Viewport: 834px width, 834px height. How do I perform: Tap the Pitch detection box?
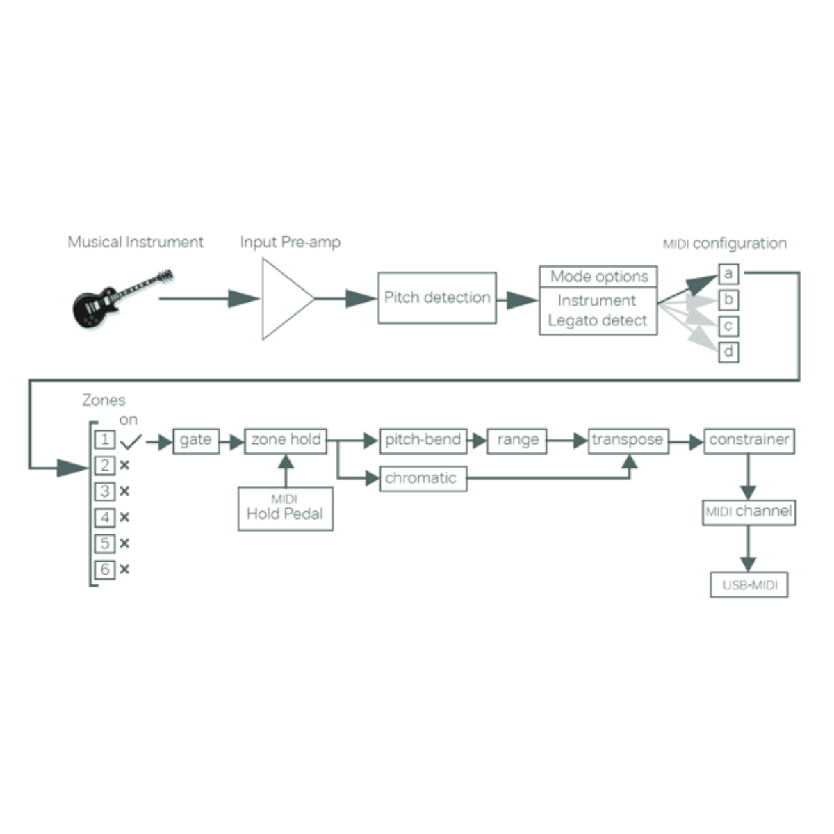(437, 297)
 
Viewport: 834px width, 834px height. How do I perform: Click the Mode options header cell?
(598, 276)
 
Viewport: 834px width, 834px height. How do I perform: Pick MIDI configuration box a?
(728, 274)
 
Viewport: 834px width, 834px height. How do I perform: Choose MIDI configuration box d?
(728, 352)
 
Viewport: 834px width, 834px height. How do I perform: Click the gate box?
(195, 440)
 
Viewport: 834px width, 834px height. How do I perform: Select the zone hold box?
(286, 440)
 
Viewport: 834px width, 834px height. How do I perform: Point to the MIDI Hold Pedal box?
(285, 509)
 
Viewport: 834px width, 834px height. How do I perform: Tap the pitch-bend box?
(423, 440)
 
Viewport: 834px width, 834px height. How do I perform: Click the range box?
(517, 440)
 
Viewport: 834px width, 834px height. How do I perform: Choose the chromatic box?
(423, 478)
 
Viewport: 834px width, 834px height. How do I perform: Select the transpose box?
(628, 440)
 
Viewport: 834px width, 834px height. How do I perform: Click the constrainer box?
(749, 440)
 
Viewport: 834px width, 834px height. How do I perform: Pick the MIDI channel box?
(749, 512)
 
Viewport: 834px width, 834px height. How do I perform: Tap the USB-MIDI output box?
(749, 585)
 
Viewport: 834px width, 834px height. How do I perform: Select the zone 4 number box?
(105, 518)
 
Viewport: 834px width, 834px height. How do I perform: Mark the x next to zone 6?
(124, 570)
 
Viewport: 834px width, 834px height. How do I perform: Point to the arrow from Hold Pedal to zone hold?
(286, 471)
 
